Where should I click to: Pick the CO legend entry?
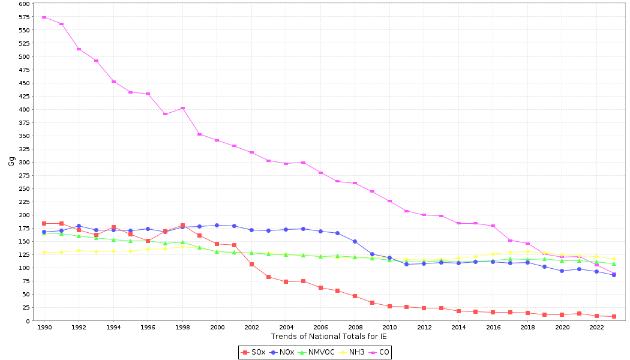[379, 352]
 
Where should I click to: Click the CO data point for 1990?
[44, 17]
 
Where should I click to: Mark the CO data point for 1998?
[182, 108]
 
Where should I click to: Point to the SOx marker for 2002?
[251, 264]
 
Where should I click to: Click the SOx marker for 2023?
[614, 316]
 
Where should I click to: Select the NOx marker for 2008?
[355, 241]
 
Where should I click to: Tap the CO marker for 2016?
[493, 226]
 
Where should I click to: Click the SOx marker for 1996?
[148, 241]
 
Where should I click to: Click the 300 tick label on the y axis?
[24, 162]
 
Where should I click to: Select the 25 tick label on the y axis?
[26, 307]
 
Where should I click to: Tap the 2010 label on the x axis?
[389, 327]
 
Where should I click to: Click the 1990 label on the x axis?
[44, 327]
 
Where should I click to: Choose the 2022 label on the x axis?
[596, 327]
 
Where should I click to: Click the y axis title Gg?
[11, 161]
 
